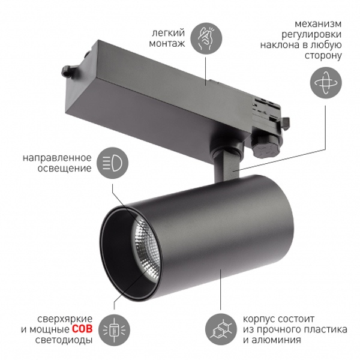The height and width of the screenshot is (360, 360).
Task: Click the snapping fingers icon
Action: [x=206, y=38]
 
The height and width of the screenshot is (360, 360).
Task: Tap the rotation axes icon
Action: [x=326, y=83]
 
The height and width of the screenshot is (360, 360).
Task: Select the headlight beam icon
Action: [x=112, y=163]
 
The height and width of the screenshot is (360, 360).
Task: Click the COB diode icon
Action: [x=114, y=330]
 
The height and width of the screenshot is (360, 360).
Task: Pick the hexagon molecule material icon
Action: [x=221, y=329]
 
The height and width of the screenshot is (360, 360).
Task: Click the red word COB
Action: [x=82, y=329]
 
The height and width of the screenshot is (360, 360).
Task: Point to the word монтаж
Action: [x=167, y=43]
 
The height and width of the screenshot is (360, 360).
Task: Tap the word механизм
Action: [x=318, y=23]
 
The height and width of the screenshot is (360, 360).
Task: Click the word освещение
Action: [x=65, y=169]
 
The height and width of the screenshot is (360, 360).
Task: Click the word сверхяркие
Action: [x=65, y=319]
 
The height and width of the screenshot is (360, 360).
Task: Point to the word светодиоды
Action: [x=64, y=340]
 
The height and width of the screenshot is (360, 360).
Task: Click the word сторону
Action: [x=323, y=56]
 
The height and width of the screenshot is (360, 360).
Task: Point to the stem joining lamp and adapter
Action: [x=226, y=164]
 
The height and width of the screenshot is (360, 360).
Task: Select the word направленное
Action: [x=57, y=158]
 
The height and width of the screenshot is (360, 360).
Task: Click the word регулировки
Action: [x=311, y=35]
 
